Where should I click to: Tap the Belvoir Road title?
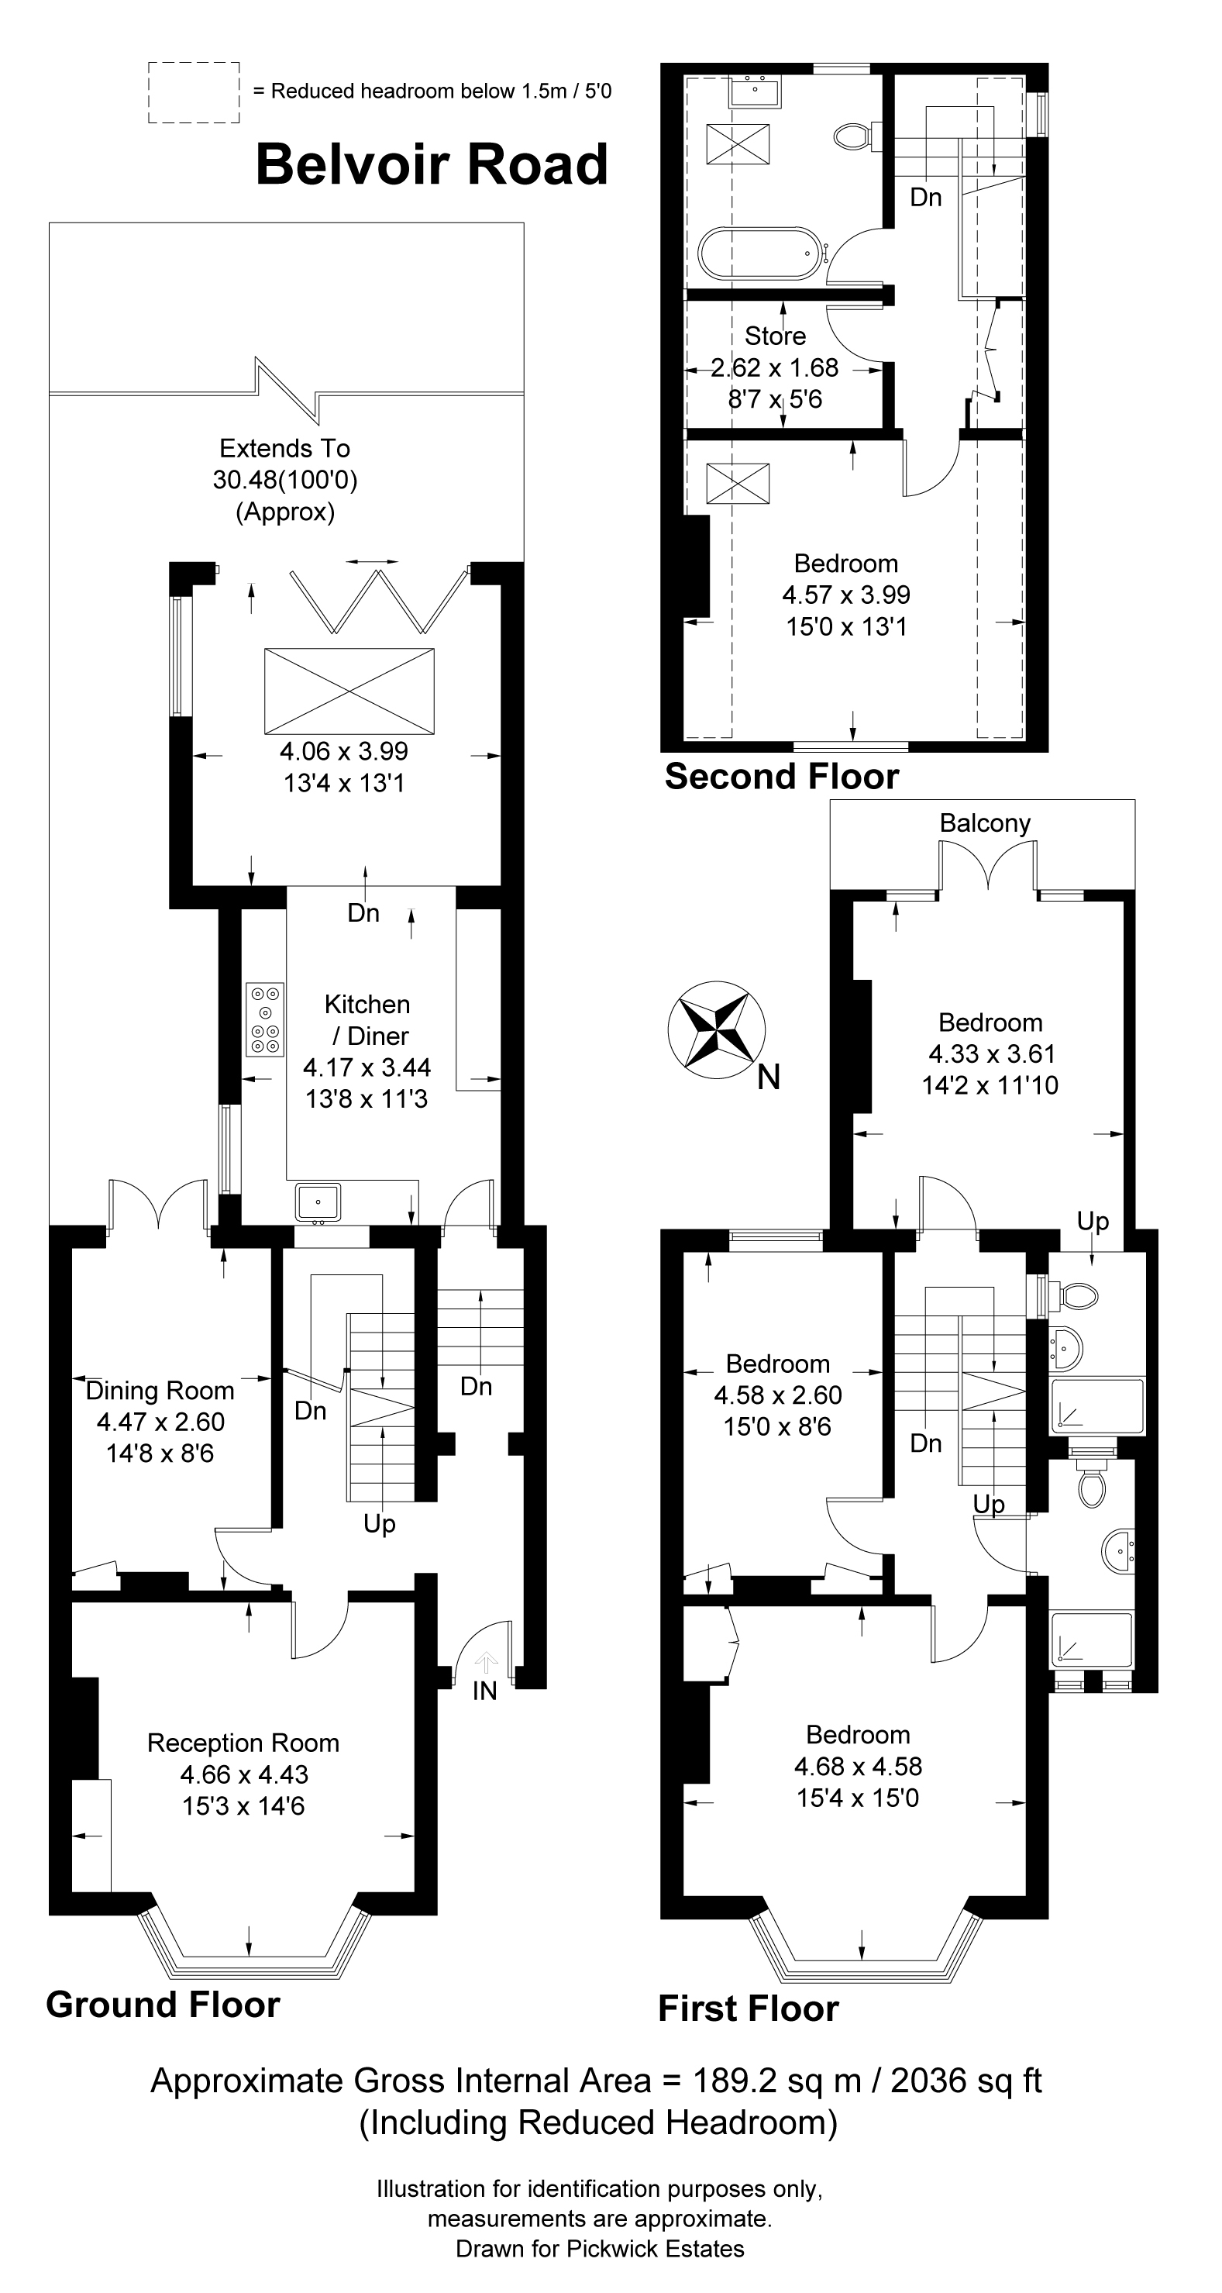pos(432,166)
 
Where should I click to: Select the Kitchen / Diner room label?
pos(367,1020)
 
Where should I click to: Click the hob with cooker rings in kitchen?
pos(265,1019)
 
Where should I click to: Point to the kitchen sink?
pos(318,1202)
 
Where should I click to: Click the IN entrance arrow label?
pos(485,1691)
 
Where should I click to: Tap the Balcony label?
pos(984,823)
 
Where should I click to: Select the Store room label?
pos(775,336)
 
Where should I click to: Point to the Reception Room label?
pos(243,1742)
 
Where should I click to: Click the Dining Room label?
pos(160,1391)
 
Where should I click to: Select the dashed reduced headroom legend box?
pos(193,91)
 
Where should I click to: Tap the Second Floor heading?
pos(781,777)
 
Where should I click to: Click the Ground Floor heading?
pos(163,2005)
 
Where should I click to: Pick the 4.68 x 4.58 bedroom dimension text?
pos(858,1766)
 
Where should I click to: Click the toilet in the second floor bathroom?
pos(853,136)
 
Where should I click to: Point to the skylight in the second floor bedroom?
pos(738,484)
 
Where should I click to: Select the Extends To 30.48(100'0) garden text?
pos(285,479)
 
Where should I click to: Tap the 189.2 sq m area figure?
pos(775,2081)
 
